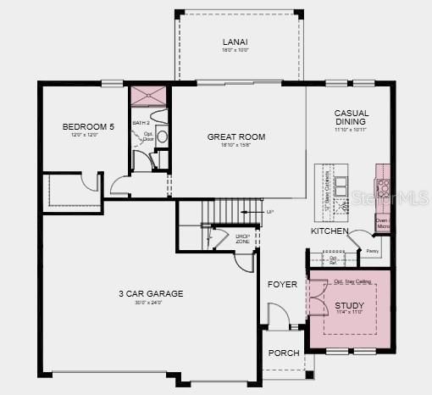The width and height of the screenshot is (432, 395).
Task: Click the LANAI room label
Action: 235,42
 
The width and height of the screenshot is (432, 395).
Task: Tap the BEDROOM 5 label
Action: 85,127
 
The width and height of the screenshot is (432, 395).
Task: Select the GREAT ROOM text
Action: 236,136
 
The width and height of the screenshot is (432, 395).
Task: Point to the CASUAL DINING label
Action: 351,118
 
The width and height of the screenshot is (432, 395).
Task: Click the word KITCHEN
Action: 330,231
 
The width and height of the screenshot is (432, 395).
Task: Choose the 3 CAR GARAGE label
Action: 150,294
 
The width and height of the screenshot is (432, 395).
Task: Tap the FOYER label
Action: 282,284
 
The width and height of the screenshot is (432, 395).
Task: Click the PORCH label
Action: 282,353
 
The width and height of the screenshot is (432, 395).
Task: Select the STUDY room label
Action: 349,305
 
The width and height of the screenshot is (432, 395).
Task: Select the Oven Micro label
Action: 382,223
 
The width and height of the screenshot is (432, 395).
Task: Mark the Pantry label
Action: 371,250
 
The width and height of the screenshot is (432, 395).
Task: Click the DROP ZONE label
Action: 242,239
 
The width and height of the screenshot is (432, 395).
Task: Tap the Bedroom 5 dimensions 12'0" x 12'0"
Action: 85,136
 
